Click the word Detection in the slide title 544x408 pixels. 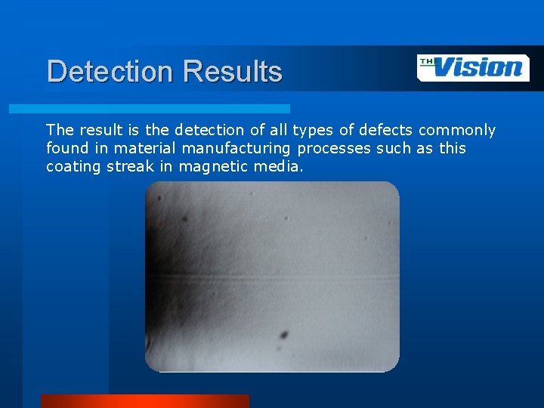pyautogui.click(x=110, y=72)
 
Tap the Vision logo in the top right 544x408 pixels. pyautogui.click(x=473, y=68)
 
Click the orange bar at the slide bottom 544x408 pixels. pyautogui.click(x=144, y=401)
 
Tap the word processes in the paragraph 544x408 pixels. pyautogui.click(x=334, y=148)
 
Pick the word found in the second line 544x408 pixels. pyautogui.click(x=66, y=148)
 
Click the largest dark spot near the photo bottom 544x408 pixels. pyautogui.click(x=284, y=335)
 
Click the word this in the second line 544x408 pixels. pyautogui.click(x=452, y=148)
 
